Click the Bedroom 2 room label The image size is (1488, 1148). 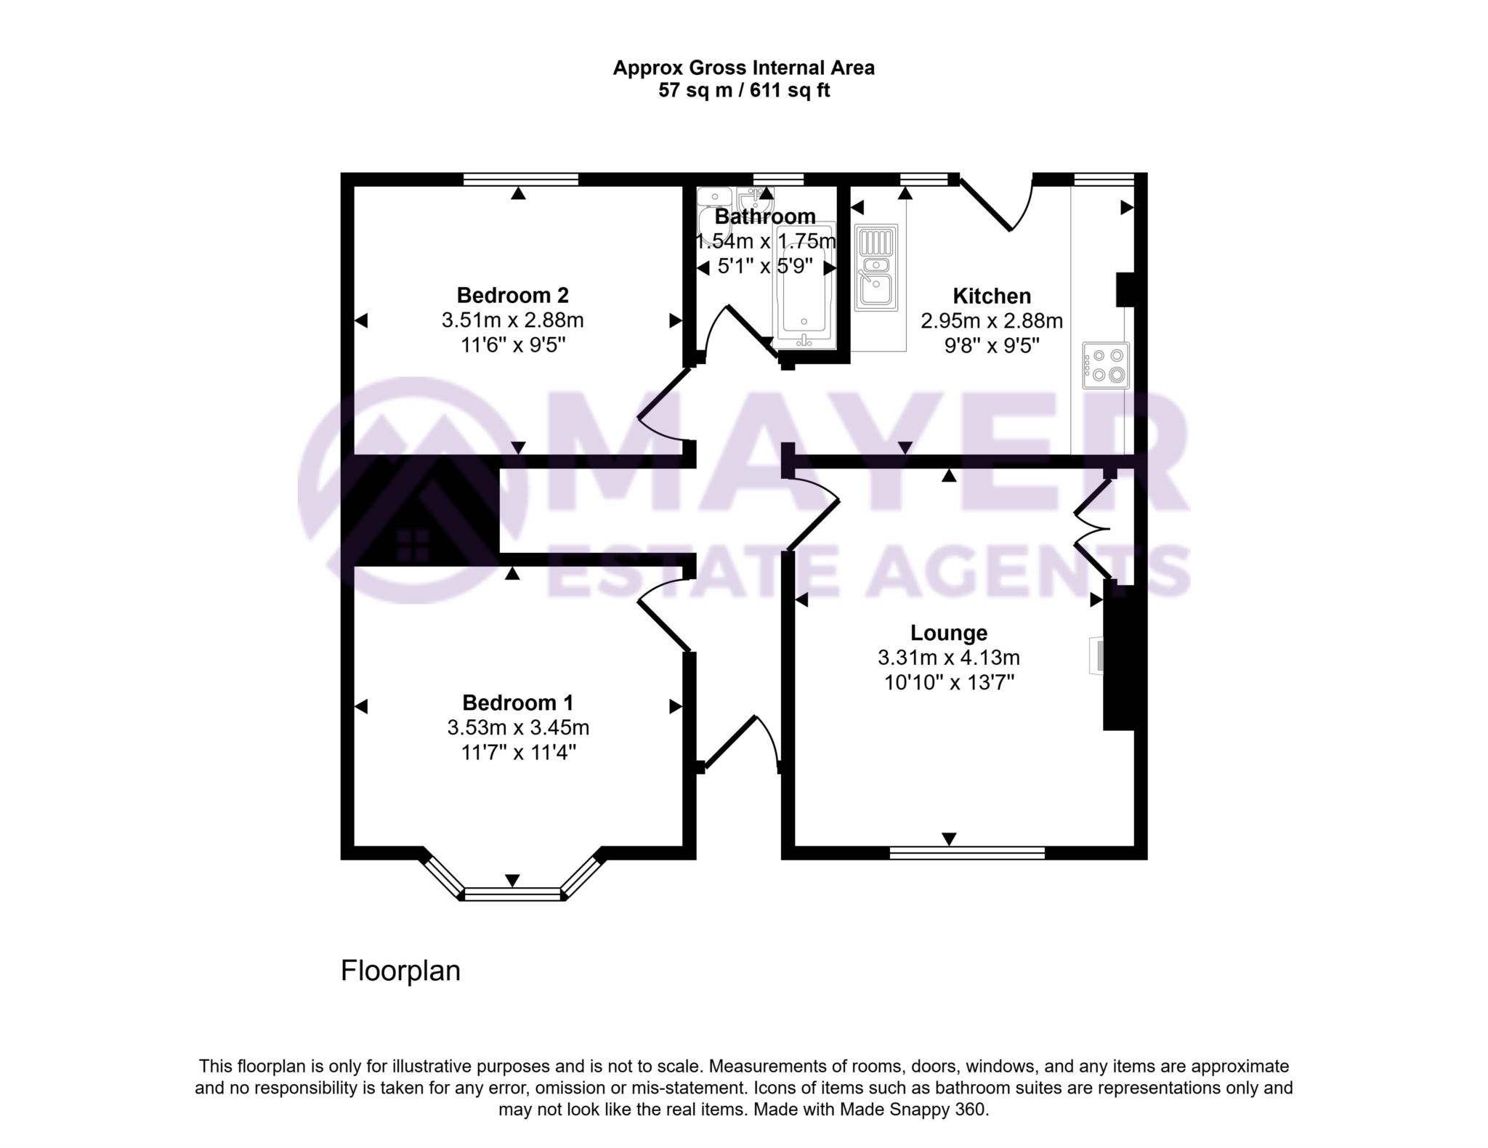512,295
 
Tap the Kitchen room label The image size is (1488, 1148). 992,296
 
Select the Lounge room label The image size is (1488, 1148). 948,633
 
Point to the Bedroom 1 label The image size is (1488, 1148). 517,703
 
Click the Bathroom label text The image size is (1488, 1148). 764,217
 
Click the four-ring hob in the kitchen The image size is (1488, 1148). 1106,365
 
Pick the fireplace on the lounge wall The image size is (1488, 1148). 1098,655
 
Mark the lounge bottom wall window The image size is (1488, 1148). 967,852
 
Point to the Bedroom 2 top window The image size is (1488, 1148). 521,179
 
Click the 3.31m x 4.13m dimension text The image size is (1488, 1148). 948,658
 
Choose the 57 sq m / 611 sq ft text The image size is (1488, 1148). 743,91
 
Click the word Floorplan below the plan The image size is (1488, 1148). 400,971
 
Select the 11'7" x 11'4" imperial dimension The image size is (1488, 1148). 518,752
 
